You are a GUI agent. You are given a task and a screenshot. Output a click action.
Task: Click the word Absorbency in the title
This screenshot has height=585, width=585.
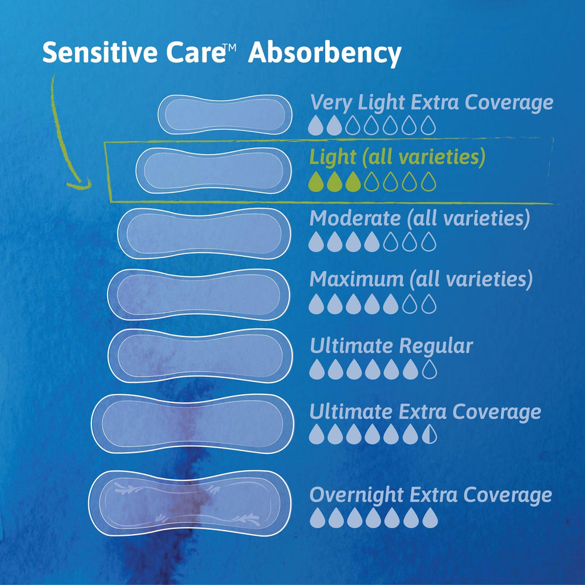pyautogui.click(x=325, y=54)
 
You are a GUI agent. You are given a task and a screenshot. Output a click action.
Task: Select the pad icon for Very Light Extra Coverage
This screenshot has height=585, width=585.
pyautogui.click(x=225, y=114)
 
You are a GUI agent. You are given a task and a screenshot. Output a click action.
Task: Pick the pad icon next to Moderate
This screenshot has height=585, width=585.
pyautogui.click(x=204, y=233)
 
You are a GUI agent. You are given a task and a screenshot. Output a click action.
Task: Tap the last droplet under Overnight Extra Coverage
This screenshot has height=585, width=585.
pyautogui.click(x=429, y=517)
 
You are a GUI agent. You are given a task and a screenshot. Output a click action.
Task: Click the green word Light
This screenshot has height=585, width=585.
pyautogui.click(x=332, y=157)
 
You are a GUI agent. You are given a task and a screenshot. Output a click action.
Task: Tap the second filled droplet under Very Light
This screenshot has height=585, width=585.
pyautogui.click(x=333, y=123)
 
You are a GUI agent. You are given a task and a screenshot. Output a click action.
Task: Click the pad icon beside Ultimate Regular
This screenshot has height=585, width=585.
pyautogui.click(x=200, y=356)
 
